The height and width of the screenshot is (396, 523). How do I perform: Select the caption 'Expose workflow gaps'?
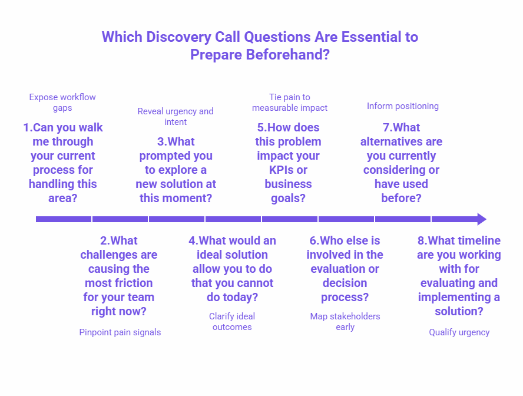coord(62,103)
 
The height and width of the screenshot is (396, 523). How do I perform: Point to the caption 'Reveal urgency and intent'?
coord(176,117)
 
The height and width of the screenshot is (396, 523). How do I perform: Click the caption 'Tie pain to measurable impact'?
coord(290,103)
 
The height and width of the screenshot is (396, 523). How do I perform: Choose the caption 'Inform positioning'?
coord(403,106)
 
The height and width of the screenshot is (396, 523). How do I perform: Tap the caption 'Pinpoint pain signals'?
coord(120,332)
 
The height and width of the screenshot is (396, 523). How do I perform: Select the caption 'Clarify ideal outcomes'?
coord(232,322)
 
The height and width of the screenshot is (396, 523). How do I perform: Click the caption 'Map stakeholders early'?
coord(345,322)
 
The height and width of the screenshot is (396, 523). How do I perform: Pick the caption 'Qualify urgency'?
coord(459,332)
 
